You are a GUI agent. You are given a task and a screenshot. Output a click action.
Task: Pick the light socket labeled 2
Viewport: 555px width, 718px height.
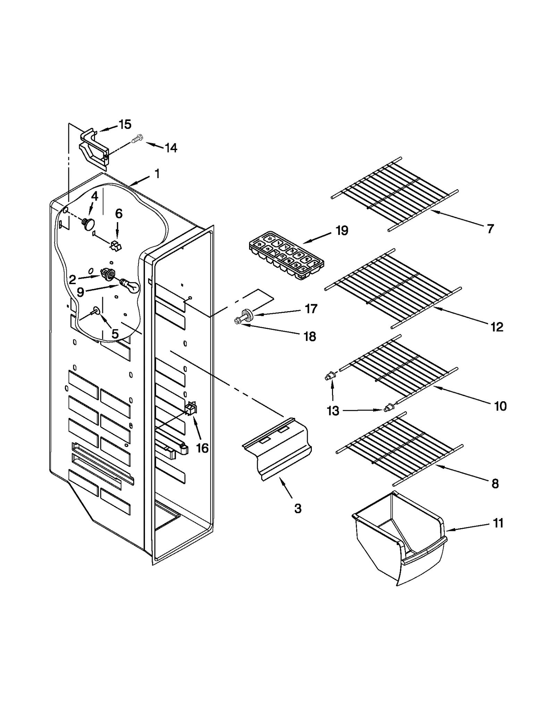[x=108, y=274]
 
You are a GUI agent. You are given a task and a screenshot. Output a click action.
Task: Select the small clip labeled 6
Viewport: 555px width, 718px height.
[x=116, y=246]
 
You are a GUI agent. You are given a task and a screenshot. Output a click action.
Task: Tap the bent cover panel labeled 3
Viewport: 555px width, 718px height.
[x=277, y=447]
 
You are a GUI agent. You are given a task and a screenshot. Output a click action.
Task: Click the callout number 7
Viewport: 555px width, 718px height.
[x=490, y=229]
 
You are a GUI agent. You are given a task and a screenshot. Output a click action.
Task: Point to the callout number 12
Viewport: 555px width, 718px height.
[x=497, y=327]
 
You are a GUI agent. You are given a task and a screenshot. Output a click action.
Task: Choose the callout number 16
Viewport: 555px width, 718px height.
[x=202, y=448]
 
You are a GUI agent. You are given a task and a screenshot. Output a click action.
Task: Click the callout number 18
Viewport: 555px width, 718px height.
[x=310, y=336]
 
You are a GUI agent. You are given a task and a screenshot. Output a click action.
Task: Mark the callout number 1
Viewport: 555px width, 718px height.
[x=157, y=174]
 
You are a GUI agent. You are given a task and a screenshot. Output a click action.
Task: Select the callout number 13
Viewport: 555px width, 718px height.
[x=333, y=411]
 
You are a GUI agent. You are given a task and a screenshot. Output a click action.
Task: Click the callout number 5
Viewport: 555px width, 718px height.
[x=115, y=334]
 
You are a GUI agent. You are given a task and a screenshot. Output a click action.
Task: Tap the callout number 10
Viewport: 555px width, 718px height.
[x=500, y=406]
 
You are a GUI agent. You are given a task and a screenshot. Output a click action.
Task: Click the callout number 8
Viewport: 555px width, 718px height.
[x=495, y=483]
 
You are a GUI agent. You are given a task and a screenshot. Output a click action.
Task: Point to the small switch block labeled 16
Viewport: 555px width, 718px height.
[x=191, y=409]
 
